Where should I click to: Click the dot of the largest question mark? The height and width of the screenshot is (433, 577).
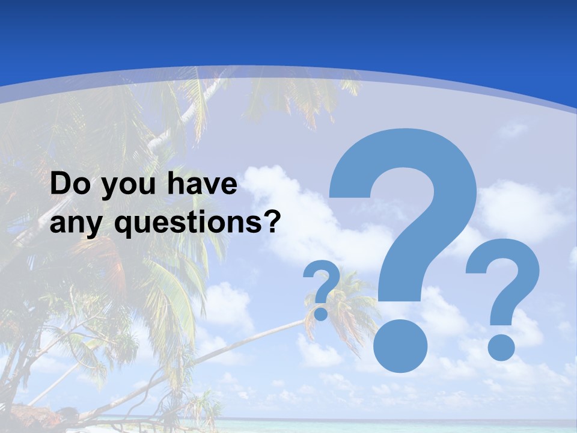[400, 348]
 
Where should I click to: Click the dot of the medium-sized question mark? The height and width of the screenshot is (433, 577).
[500, 347]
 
